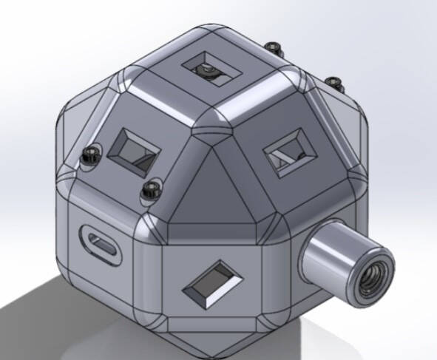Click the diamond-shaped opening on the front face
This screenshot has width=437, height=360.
[x=213, y=282]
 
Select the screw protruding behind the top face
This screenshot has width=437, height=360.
[x=277, y=50]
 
